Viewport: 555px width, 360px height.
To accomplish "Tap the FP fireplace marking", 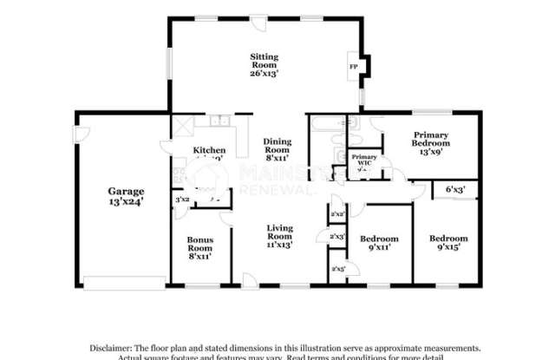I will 353,67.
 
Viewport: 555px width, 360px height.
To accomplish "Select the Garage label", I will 125,191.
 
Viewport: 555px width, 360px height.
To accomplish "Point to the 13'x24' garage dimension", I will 125,200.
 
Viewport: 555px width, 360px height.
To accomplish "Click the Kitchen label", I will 209,150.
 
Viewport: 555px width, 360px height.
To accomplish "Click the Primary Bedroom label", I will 430,139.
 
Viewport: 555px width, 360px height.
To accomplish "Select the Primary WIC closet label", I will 364,160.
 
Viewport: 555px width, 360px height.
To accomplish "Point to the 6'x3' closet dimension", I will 455,188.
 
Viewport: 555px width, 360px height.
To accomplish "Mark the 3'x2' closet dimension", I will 182,200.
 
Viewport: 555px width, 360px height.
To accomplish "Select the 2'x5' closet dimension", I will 338,270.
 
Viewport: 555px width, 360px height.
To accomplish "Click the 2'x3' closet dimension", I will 338,236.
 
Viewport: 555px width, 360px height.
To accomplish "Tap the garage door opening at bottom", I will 124,279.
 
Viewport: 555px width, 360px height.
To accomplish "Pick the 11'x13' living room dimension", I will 278,245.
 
